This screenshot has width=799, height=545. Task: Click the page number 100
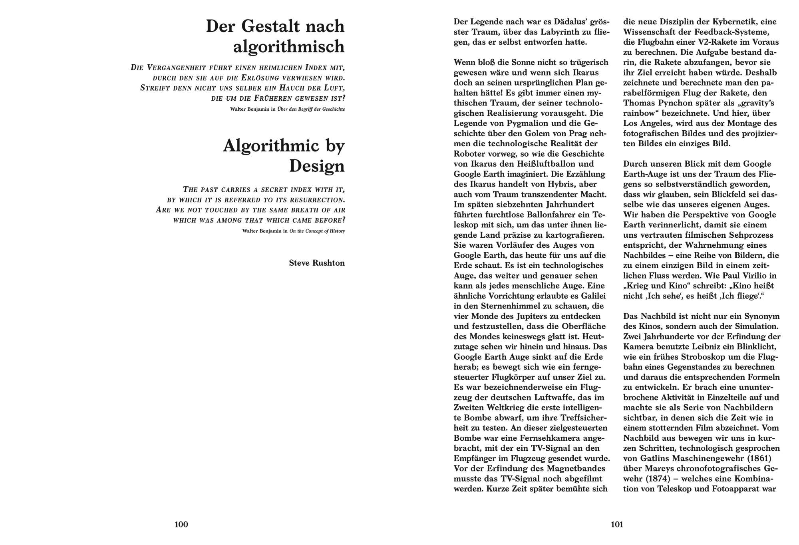point(181,524)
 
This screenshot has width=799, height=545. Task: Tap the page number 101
point(617,524)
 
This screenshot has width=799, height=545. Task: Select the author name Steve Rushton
point(317,263)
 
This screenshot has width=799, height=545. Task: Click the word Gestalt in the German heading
point(270,26)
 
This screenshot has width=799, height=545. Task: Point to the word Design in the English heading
point(317,166)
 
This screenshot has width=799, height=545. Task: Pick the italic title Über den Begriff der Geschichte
point(311,109)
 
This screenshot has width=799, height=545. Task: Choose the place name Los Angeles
point(649,123)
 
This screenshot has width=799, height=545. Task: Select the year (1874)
point(658,479)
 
